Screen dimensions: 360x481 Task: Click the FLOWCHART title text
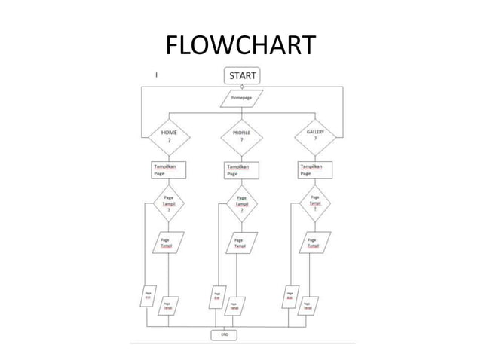pyautogui.click(x=240, y=46)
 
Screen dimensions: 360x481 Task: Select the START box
pyautogui.click(x=241, y=75)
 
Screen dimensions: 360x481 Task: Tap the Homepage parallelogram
pyautogui.click(x=241, y=99)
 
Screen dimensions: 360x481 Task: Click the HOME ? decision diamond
pyautogui.click(x=168, y=136)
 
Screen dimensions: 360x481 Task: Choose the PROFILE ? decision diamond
pyautogui.click(x=241, y=136)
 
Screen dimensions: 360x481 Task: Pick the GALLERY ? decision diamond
pyautogui.click(x=315, y=136)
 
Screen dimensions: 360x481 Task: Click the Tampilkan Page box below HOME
pyautogui.click(x=169, y=169)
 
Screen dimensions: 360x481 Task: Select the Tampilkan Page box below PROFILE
pyautogui.click(x=241, y=170)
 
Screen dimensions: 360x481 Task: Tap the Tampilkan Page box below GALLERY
pyautogui.click(x=315, y=169)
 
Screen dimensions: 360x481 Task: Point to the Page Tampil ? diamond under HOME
pyautogui.click(x=168, y=203)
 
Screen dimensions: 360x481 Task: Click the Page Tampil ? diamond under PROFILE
pyautogui.click(x=241, y=203)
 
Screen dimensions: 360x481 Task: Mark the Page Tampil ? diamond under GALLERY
pyautogui.click(x=315, y=203)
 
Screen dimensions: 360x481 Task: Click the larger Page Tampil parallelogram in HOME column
pyautogui.click(x=166, y=244)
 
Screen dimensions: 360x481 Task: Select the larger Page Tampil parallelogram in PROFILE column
pyautogui.click(x=240, y=244)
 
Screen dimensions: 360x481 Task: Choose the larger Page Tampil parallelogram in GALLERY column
pyautogui.click(x=313, y=243)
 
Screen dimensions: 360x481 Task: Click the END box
pyautogui.click(x=225, y=334)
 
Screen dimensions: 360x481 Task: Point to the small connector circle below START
pyautogui.click(x=241, y=87)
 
